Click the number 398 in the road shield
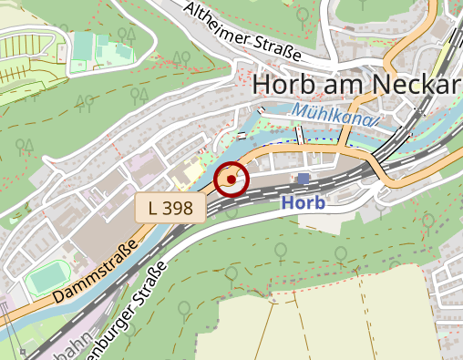coord(180,208)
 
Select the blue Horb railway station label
coord(303,202)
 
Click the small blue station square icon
coord(304,179)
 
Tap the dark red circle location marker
coord(231,180)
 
